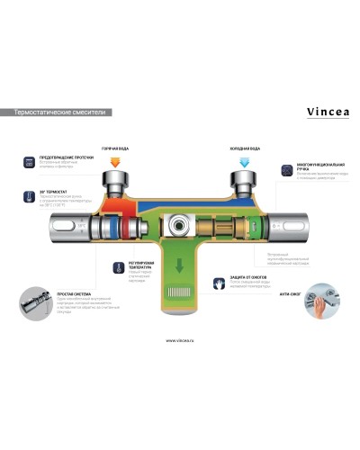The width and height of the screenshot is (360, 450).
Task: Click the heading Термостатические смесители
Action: click(x=57, y=113)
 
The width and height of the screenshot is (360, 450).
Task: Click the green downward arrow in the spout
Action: click(x=179, y=266)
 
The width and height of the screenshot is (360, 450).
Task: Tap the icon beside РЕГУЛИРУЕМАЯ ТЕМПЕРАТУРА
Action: click(x=103, y=267)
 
